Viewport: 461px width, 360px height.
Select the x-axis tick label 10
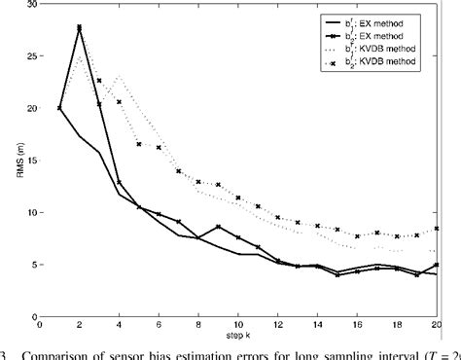pyautogui.click(x=238, y=323)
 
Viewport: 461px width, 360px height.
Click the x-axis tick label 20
pyautogui.click(x=437, y=323)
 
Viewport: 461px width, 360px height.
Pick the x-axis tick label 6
pyautogui.click(x=159, y=323)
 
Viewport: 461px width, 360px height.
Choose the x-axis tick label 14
pyautogui.click(x=318, y=323)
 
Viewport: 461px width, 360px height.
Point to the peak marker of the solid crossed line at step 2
pyautogui.click(x=80, y=28)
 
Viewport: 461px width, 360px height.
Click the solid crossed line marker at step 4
pyautogui.click(x=120, y=183)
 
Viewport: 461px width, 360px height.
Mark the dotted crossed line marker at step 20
pyautogui.click(x=437, y=229)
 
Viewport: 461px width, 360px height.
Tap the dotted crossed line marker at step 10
pyautogui.click(x=238, y=198)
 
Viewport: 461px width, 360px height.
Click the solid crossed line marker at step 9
pyautogui.click(x=219, y=227)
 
